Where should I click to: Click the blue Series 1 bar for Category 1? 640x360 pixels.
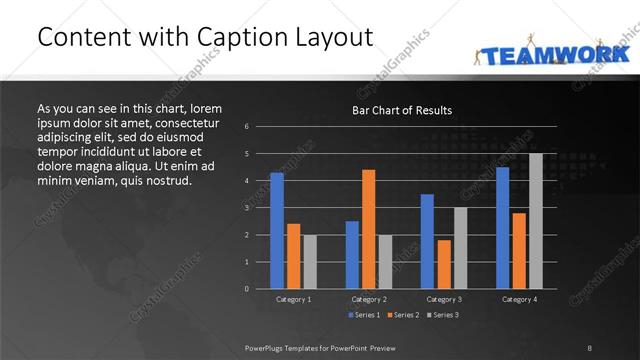pyautogui.click(x=277, y=231)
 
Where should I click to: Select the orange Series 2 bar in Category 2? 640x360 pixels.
pyautogui.click(x=369, y=229)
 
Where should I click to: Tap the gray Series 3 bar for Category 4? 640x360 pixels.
pyautogui.click(x=536, y=221)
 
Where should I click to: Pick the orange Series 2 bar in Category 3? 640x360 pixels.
pyautogui.click(x=444, y=264)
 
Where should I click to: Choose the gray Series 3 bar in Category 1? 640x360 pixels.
pyautogui.click(x=310, y=262)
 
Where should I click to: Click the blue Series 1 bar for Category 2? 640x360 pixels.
pyautogui.click(x=352, y=255)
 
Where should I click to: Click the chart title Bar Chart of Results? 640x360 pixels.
pyautogui.click(x=402, y=110)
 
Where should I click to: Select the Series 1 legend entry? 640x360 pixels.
pyautogui.click(x=364, y=315)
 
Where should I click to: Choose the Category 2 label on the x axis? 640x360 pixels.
pyautogui.click(x=369, y=299)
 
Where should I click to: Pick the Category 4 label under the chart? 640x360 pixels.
pyautogui.click(x=519, y=299)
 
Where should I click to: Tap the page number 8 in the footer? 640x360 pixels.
pyautogui.click(x=590, y=347)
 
